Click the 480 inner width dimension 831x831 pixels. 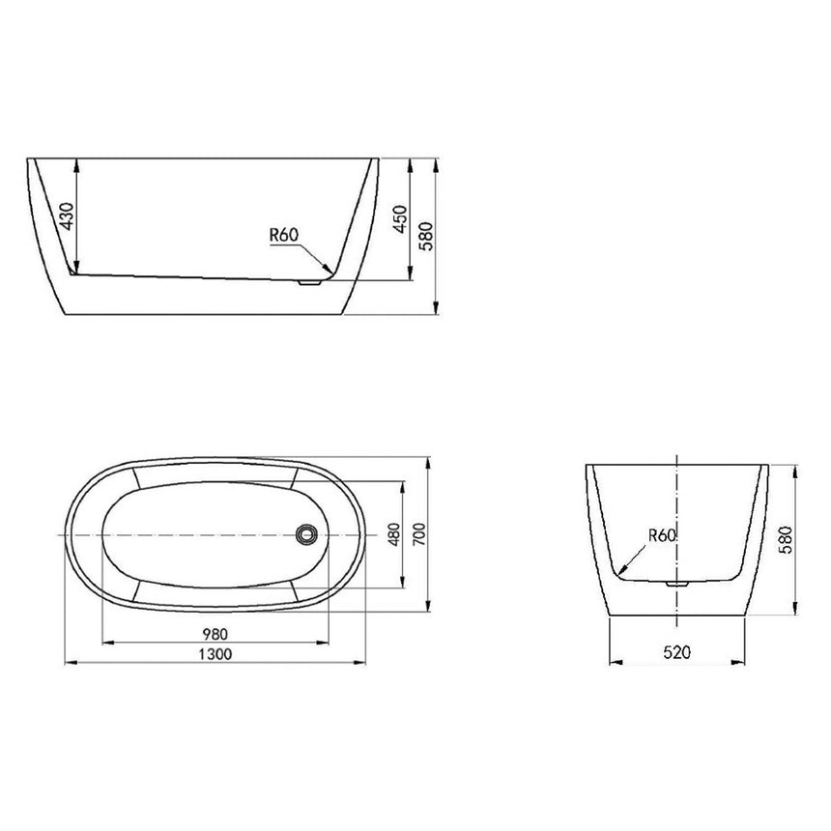(392, 534)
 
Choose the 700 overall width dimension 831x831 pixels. (418, 534)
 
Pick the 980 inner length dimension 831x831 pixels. (215, 634)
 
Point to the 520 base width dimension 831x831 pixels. (677, 654)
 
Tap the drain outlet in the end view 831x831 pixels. (677, 584)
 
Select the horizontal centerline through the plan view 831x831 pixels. (193, 534)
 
